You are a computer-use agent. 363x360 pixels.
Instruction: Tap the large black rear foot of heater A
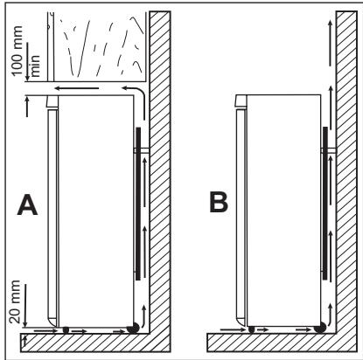[133, 329]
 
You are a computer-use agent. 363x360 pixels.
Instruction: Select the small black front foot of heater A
[66, 330]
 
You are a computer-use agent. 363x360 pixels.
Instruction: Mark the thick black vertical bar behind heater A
[137, 201]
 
